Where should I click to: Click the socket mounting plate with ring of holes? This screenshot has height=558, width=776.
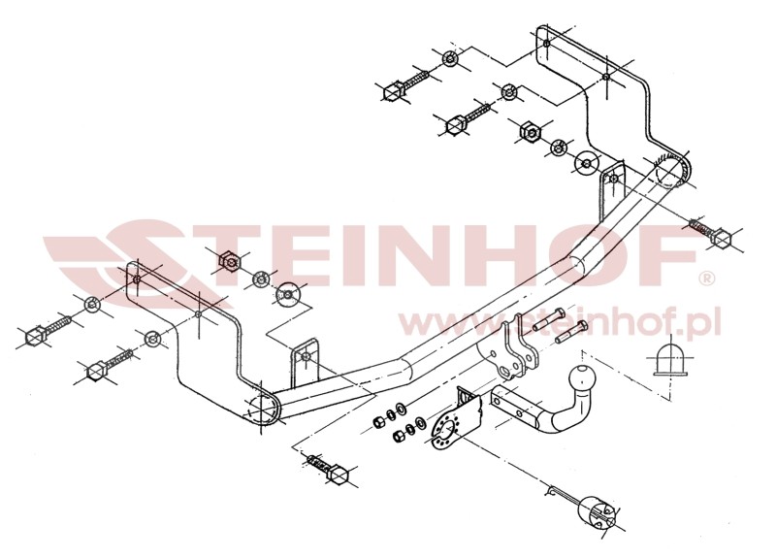[x=448, y=427]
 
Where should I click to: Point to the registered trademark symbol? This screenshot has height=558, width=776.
[x=706, y=279]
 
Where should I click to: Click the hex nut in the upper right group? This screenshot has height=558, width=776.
[x=529, y=131]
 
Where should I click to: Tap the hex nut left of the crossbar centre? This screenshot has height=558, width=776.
[x=229, y=260]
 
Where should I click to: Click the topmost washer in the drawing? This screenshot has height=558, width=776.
[x=449, y=59]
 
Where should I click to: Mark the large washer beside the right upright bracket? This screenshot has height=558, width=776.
[x=587, y=163]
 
